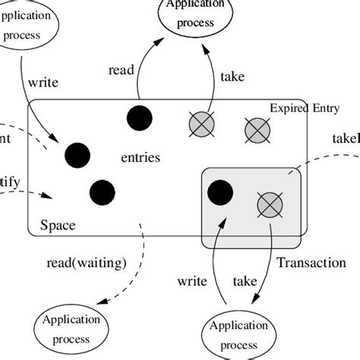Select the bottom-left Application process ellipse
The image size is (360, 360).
click(x=70, y=328)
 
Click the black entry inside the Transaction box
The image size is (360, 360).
click(x=220, y=191)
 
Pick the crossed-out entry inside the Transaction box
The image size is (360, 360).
click(x=270, y=203)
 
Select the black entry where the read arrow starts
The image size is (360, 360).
click(x=139, y=118)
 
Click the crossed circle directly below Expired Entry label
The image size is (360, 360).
click(x=257, y=130)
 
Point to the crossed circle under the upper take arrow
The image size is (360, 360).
click(x=201, y=123)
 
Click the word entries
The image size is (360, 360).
click(x=141, y=158)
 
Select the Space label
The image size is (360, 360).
click(x=57, y=226)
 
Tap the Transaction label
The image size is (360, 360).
click(x=311, y=263)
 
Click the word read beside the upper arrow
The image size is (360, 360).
click(x=121, y=70)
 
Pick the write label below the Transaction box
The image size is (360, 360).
click(x=192, y=281)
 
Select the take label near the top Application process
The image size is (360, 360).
click(x=232, y=77)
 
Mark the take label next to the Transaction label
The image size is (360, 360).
click(x=244, y=281)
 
